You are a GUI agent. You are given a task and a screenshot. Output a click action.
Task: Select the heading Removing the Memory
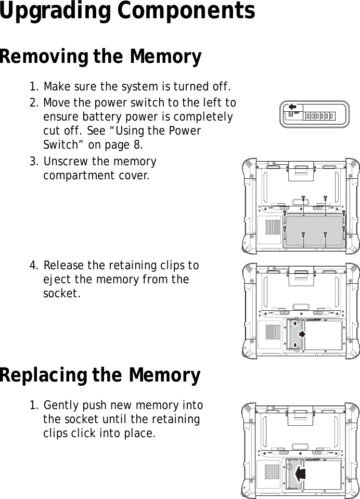point(100,57)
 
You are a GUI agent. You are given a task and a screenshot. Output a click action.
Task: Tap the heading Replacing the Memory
point(100,375)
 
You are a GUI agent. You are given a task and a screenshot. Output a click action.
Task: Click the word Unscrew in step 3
point(65,162)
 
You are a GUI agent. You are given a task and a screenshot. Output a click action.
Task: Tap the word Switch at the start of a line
point(58,143)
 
